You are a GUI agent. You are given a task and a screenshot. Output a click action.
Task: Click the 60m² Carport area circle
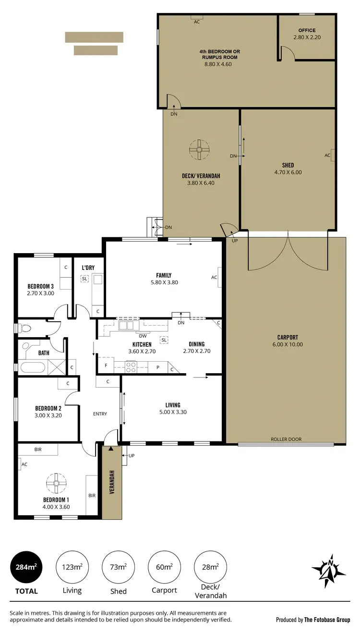pyautogui.click(x=165, y=567)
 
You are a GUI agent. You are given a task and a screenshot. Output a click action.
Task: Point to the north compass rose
pyautogui.click(x=329, y=570)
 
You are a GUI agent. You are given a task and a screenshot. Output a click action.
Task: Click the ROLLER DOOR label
pyautogui.click(x=286, y=439)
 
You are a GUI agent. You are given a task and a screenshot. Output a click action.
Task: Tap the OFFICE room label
pyautogui.click(x=307, y=30)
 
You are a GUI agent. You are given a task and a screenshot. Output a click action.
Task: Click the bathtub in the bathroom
pyautogui.click(x=32, y=368)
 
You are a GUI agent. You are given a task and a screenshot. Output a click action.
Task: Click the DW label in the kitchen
pyautogui.click(x=143, y=336)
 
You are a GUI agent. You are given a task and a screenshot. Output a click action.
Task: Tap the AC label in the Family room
pyautogui.click(x=215, y=277)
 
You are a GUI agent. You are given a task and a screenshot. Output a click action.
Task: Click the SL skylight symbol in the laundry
pyautogui.click(x=85, y=279)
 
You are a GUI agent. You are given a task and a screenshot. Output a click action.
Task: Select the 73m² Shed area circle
pyautogui.click(x=119, y=567)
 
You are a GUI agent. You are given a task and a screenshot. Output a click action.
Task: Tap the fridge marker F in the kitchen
pyautogui.click(x=106, y=366)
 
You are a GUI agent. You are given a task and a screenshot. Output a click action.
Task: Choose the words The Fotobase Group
pyautogui.click(x=327, y=620)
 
